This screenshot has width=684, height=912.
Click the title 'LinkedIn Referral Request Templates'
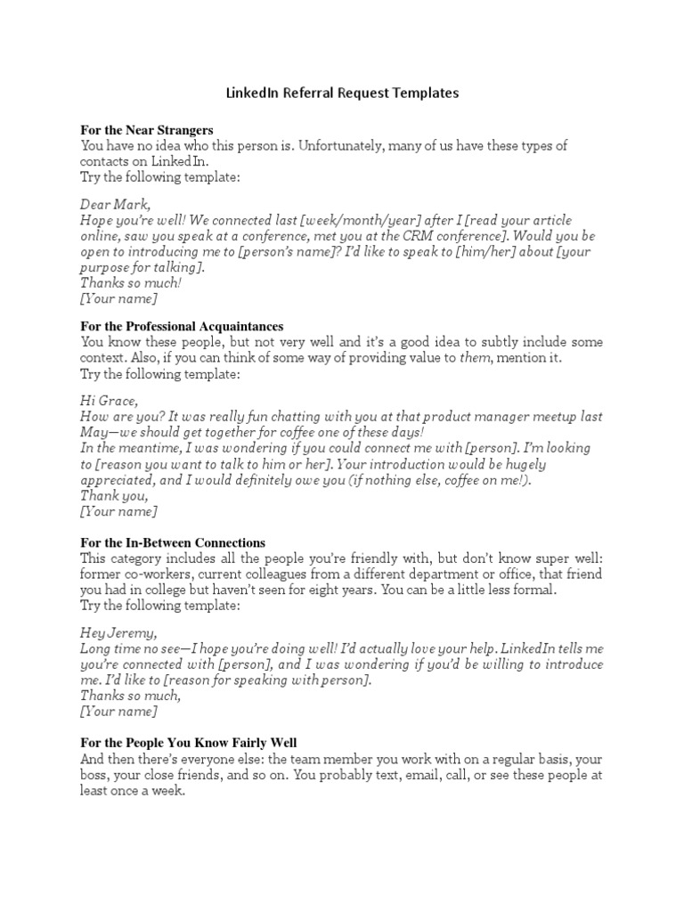tap(341, 93)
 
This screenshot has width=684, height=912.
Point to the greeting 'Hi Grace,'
tap(110, 401)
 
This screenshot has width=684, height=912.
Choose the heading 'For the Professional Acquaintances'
tap(182, 327)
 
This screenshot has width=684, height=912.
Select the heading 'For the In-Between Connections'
tap(173, 542)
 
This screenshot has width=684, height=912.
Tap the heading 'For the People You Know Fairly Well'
tap(190, 742)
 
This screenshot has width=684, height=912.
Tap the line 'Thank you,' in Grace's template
tap(115, 495)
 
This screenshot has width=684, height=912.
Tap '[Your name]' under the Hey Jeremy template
tap(118, 712)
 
